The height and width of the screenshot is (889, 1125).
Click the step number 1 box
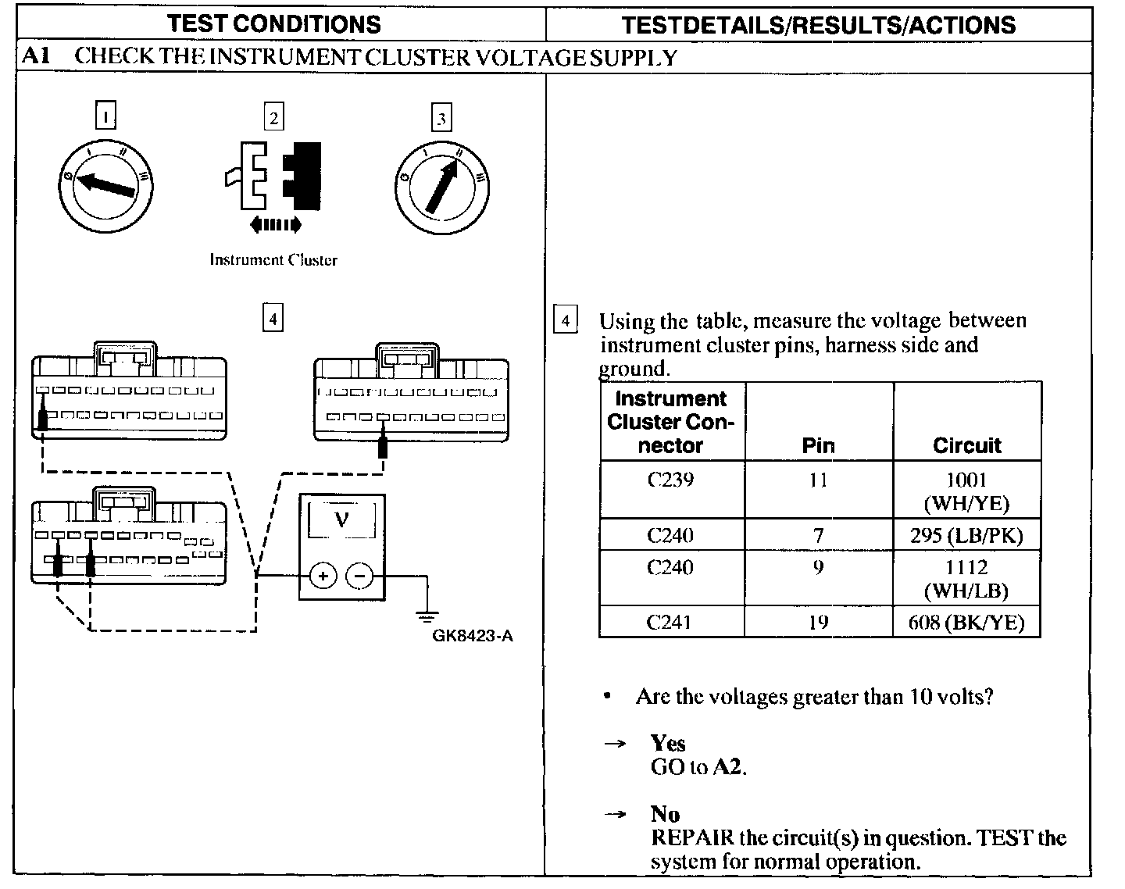point(105,117)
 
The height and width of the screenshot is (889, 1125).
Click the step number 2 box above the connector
point(273,117)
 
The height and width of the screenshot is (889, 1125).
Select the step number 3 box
point(441,118)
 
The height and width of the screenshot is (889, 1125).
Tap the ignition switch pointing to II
point(441,186)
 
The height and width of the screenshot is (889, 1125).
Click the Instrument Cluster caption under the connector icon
point(273,260)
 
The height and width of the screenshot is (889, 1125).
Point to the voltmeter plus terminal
point(323,577)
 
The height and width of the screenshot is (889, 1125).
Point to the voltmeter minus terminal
point(359,577)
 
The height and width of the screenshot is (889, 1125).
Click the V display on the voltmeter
point(341,518)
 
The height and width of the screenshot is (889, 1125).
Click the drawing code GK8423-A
point(473,636)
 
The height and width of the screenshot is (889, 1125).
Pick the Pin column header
point(818,445)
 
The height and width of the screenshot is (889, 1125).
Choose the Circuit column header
point(966,445)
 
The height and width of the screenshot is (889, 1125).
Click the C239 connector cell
point(670,480)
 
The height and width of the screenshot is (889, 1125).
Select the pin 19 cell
point(818,623)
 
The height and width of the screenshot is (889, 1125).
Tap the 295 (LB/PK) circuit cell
point(966,536)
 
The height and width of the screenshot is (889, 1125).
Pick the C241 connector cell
point(670,623)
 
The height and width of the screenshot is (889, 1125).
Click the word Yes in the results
point(668,743)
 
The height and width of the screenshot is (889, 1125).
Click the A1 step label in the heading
point(36,57)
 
